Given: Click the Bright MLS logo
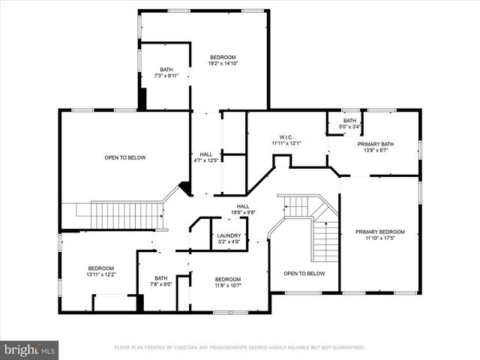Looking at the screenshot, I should click(x=29, y=350).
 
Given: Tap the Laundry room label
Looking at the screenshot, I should click(x=229, y=235).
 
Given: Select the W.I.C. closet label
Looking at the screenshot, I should click(x=286, y=137).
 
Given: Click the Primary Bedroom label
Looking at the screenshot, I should click(x=379, y=232).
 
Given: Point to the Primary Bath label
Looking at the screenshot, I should click(x=375, y=144).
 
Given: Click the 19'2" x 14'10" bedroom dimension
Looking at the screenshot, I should click(x=223, y=64).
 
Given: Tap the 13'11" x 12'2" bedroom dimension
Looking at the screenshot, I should click(x=101, y=274).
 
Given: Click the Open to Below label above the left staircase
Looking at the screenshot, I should click(x=124, y=157).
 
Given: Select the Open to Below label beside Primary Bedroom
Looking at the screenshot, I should click(x=304, y=274).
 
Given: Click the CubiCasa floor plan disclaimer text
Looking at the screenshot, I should click(x=239, y=348).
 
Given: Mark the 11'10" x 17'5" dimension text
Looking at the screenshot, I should click(x=379, y=238).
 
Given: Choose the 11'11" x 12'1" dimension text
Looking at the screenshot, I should click(x=286, y=143).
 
